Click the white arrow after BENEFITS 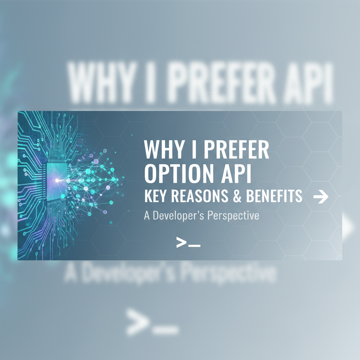point(320,197)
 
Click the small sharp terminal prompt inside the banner point(188,242)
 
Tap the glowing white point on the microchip point(57,180)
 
